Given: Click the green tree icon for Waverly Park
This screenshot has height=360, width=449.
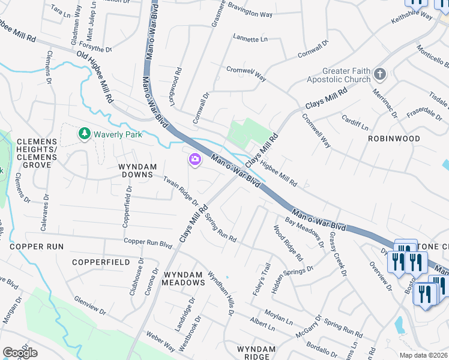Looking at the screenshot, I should click(85, 134).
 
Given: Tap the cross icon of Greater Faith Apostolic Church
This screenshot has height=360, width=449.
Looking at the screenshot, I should click(379, 75).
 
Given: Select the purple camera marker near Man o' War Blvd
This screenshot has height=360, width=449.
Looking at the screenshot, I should click(195, 159).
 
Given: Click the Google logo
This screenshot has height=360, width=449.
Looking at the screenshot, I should click(20, 353).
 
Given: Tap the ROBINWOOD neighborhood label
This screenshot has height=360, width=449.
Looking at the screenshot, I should click(394, 138).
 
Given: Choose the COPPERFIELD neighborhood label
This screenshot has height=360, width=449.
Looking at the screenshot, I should click(100, 262).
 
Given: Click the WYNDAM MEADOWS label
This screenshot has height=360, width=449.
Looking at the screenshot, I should click(184, 278).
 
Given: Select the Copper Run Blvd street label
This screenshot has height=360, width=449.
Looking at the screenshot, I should click(148, 242).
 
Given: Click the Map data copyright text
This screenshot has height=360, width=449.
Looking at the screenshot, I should click(423, 355).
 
